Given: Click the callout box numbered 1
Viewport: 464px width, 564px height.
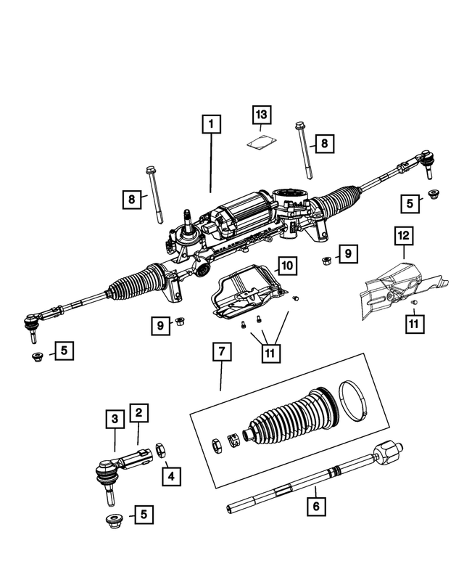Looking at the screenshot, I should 211,125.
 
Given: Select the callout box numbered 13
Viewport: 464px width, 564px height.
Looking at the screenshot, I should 261,115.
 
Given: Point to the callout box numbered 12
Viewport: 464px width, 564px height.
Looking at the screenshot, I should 404,235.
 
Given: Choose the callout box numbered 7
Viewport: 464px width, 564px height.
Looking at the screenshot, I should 221,353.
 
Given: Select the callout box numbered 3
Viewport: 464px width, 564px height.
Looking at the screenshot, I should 115,419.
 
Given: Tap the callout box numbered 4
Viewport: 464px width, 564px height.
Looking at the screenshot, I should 170,476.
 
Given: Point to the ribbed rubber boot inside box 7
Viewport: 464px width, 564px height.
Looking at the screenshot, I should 290,421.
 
